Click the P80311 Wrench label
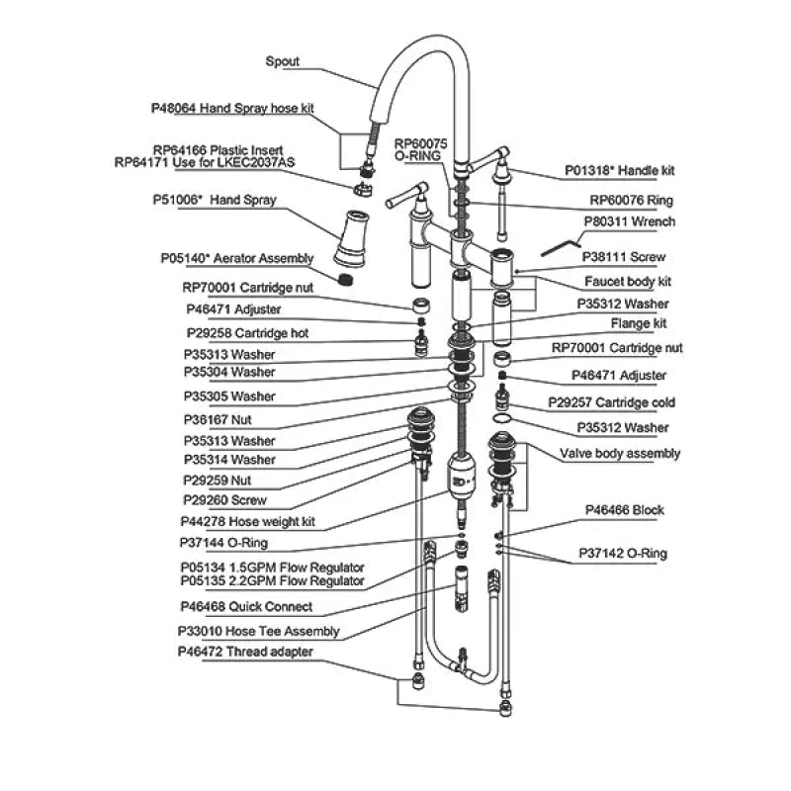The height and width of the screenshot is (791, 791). pos(629,221)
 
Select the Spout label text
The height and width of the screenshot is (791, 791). pos(282,61)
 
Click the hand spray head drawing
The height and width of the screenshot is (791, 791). pos(352,238)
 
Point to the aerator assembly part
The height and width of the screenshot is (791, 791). pos(345,279)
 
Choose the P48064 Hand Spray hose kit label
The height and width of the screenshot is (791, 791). pos(232,109)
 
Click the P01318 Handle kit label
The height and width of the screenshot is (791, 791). pos(620,170)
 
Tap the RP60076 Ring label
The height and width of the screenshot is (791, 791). pos(631,201)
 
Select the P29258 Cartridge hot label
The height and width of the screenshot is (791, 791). pos(247,333)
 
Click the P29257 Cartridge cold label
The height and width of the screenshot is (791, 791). pos(611,403)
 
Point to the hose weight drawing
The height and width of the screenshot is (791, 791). pos(461,476)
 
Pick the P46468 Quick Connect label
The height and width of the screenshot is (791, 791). pos(246,607)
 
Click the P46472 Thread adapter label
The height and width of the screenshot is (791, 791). pos(245,652)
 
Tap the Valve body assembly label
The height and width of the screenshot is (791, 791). pos(620,454)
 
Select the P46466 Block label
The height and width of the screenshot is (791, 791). pos(625,510)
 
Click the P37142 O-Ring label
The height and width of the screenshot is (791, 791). pos(623,554)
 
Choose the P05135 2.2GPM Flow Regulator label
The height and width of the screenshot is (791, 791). pos(273,581)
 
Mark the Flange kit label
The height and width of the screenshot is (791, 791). pos(639,323)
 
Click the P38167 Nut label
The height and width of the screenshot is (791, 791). pos(218,420)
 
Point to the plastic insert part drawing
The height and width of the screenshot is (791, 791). pos(362,190)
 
